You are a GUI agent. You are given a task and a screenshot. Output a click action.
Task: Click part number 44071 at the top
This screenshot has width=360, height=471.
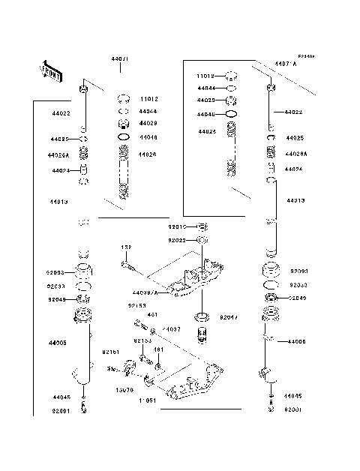tap(120, 58)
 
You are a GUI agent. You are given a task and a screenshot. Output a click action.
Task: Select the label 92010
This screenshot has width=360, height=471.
tap(177, 226)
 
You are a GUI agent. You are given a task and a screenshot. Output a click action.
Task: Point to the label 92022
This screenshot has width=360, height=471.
tap(177, 240)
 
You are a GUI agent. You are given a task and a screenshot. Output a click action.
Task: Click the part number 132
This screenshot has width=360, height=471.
tap(127, 247)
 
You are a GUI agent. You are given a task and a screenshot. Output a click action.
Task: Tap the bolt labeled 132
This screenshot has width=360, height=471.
tap(129, 263)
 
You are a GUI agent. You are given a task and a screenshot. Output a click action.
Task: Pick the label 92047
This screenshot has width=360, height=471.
tap(229, 317)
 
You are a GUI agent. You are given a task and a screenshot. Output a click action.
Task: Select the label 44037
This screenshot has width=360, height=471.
tap(172, 329)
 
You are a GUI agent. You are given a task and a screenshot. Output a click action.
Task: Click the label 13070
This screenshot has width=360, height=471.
tap(124, 390)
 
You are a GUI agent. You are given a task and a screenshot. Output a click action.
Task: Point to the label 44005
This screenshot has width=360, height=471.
tap(58, 343)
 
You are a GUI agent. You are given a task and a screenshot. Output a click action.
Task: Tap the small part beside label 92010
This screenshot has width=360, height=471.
tap(201, 226)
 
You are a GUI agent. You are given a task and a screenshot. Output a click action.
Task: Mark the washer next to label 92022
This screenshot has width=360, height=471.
tap(201, 240)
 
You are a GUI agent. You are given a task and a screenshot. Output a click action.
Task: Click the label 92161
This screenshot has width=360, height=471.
tap(110, 351)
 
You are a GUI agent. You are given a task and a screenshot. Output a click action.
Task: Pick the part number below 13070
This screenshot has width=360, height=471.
tap(145, 400)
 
